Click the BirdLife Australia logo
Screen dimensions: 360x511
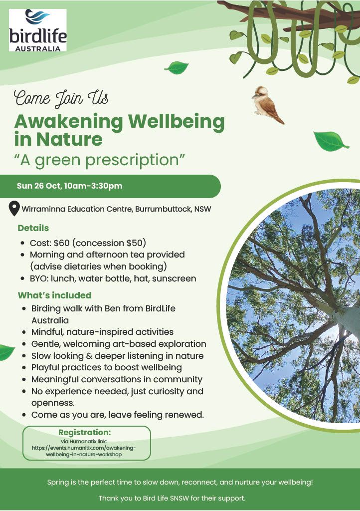tap(38, 30)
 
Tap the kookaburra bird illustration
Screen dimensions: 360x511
tap(268, 105)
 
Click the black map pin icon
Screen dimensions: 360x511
tap(13, 209)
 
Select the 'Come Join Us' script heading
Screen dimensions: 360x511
tap(61, 98)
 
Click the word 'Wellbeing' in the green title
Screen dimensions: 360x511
tap(176, 122)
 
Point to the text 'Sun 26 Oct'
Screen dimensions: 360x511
tap(38, 186)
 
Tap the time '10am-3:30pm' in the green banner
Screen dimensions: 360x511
tap(93, 186)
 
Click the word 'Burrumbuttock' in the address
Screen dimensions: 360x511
tap(163, 209)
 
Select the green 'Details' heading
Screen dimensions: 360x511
tap(33, 228)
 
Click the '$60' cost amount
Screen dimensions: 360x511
tap(61, 243)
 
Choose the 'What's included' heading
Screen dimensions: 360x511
tap(55, 295)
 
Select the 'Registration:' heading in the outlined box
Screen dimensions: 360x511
tap(85, 433)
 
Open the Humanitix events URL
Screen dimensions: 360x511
tap(84, 451)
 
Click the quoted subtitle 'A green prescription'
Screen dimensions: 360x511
tap(100, 160)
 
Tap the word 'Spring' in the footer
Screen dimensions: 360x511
tap(58, 483)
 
